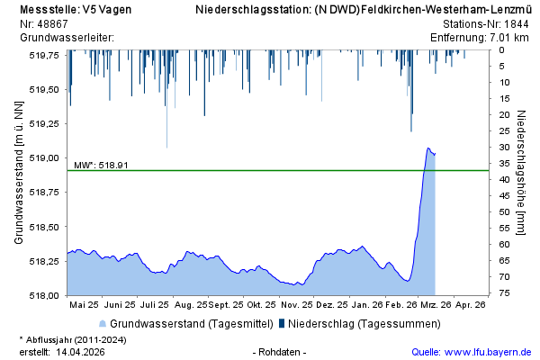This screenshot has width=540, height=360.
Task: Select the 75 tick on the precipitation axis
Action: pos(506,294)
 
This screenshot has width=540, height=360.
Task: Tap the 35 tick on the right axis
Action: pos(506,163)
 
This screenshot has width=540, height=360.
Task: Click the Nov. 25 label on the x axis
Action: pos(295,304)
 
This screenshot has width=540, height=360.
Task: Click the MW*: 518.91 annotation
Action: pos(101,165)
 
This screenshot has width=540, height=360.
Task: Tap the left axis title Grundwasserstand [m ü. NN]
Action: pos(20,174)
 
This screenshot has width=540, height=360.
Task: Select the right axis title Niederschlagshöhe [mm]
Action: pos(524,174)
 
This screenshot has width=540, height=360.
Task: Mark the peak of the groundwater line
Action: pos(428,148)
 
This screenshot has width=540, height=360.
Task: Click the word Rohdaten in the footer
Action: pos(283,352)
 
